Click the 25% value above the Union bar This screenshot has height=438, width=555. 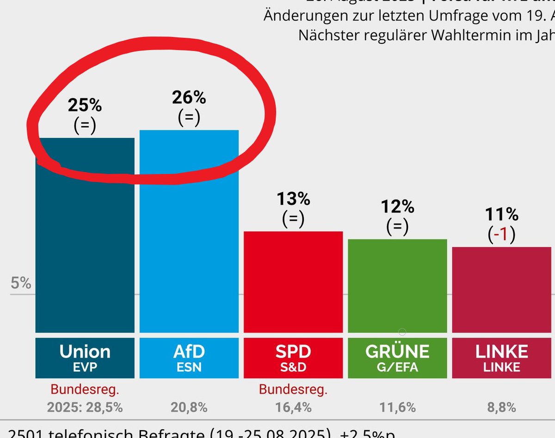click(85, 105)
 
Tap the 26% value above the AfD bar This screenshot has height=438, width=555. click(189, 98)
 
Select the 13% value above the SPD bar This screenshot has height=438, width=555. click(293, 199)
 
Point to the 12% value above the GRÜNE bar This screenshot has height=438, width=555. click(397, 207)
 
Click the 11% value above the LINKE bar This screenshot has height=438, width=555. click(501, 215)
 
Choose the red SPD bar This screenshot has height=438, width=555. click(293, 282)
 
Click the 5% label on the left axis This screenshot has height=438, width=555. click(21, 283)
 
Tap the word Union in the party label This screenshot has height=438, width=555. click(85, 352)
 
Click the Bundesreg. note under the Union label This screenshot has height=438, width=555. click(85, 389)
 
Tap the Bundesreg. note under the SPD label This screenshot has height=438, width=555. click(293, 389)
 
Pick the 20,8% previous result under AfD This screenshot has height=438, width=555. click(189, 407)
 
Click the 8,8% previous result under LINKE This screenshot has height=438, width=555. click(501, 407)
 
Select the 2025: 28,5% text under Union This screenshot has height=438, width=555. click(85, 407)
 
